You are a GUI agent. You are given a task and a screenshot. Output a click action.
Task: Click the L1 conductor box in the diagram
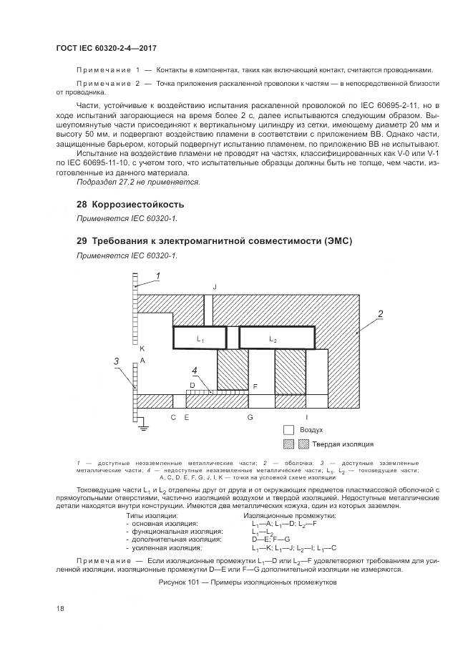[x=200, y=338]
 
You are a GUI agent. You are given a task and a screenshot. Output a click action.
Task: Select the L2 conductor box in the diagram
[x=276, y=338]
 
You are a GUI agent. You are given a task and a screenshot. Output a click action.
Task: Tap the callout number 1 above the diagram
[x=158, y=275]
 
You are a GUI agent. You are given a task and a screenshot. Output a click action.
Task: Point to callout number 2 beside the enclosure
[x=381, y=313]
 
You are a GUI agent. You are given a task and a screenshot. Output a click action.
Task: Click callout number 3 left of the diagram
[x=117, y=361]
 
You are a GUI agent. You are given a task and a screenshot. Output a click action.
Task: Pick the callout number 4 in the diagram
[x=194, y=371]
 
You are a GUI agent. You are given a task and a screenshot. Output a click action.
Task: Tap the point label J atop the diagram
[x=214, y=286]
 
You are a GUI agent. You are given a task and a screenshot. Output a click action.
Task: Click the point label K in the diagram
[x=142, y=347]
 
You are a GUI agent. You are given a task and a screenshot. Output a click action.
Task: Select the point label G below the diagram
[x=250, y=416]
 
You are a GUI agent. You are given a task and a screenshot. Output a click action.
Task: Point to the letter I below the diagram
[x=307, y=416]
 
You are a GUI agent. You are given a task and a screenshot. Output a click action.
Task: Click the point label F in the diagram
[x=255, y=386]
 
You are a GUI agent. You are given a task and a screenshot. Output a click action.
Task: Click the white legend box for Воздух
[x=289, y=430]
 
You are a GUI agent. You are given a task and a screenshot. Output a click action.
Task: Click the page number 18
[x=59, y=608]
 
